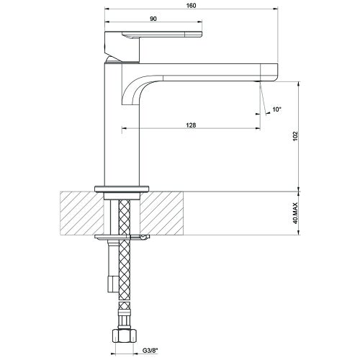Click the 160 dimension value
click(191, 6)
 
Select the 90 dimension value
click(153, 19)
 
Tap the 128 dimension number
click(191, 125)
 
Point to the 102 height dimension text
click(295, 136)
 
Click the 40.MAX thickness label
click(295, 213)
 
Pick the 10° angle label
click(276, 109)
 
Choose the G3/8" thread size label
click(150, 351)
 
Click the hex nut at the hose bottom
click(125, 336)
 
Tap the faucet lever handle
click(153, 35)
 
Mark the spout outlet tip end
click(260, 81)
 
